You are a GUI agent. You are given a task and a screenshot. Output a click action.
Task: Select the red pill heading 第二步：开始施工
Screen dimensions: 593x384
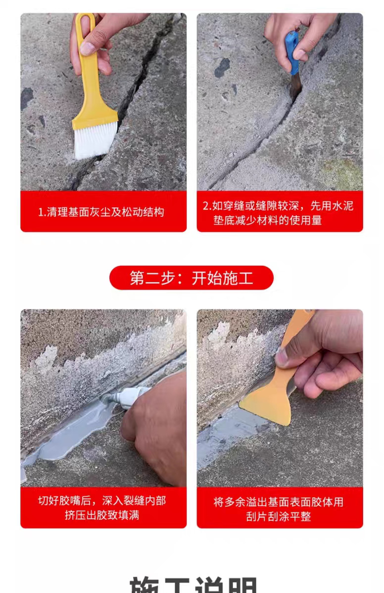191,278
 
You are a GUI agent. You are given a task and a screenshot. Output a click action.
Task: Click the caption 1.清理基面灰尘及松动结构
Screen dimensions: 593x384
101,212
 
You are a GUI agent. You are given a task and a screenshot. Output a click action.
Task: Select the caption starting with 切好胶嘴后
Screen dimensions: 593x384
102,508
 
